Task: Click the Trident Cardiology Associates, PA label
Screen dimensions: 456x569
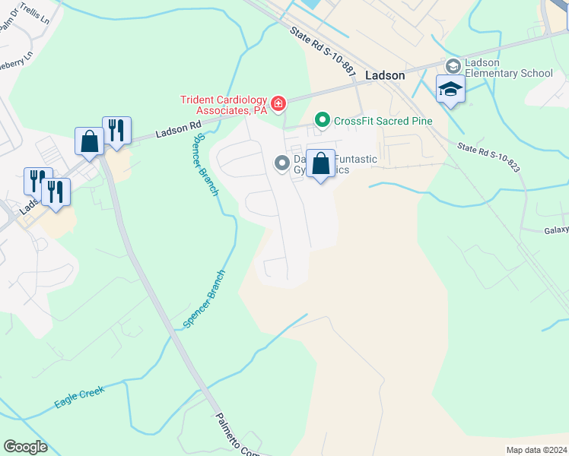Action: coord(223,104)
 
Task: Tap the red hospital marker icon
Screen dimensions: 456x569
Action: coord(279,103)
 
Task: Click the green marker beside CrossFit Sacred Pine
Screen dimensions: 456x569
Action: coord(323,120)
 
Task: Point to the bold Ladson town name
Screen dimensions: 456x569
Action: coord(385,76)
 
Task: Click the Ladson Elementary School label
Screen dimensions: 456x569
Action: coord(508,68)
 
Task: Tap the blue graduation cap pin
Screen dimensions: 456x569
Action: coord(450,90)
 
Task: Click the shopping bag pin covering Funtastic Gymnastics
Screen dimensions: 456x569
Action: coord(320,164)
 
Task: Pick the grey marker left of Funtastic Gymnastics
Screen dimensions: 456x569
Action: coord(282,162)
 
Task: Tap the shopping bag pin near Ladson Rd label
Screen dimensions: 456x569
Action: coord(89,141)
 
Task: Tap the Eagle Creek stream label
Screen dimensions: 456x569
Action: coord(79,397)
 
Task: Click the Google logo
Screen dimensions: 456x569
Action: coord(26,447)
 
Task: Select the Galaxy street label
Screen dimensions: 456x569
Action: coord(556,231)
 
